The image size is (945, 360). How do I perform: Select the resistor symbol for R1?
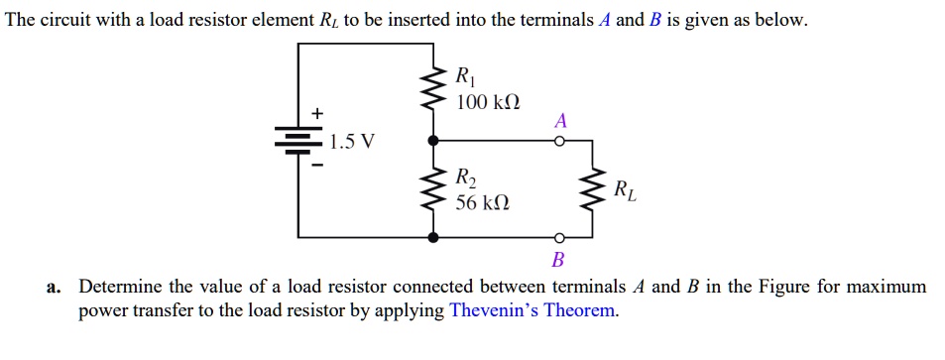tap(432, 89)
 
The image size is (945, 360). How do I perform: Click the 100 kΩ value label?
tap(487, 103)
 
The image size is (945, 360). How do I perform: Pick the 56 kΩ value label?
tap(483, 203)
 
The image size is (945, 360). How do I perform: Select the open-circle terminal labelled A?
tap(559, 142)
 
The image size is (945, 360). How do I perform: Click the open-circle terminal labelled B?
tap(559, 238)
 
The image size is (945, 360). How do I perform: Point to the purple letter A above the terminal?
tap(560, 120)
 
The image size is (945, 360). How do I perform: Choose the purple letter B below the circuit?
tap(557, 261)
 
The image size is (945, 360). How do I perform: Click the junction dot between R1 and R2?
tap(432, 141)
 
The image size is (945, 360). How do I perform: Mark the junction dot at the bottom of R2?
tap(432, 237)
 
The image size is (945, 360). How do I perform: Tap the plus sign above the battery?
tap(317, 115)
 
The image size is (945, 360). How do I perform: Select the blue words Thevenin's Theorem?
tap(532, 310)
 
